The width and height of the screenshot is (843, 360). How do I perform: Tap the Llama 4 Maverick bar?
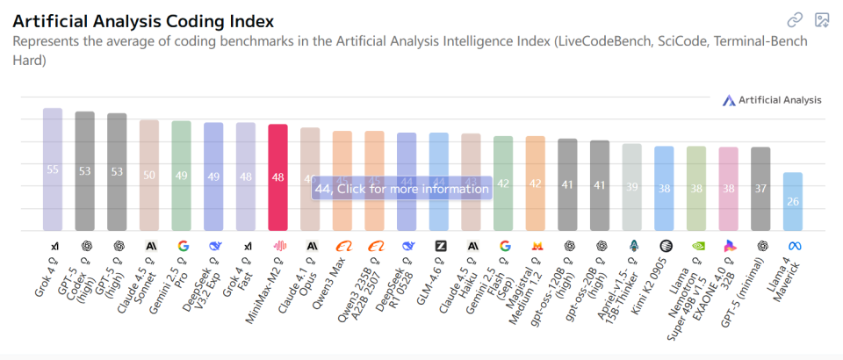point(792,202)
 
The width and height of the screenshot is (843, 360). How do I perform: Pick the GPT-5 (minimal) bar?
point(760,189)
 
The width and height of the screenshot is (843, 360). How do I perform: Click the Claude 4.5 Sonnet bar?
point(149,175)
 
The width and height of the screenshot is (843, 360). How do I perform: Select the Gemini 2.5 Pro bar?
point(181,176)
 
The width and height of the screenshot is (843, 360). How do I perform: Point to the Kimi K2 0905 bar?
point(664,188)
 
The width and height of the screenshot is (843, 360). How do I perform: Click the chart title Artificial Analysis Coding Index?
point(143,20)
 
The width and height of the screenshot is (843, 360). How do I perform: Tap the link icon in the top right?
point(794,19)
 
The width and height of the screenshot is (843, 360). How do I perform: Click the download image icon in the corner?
point(822,19)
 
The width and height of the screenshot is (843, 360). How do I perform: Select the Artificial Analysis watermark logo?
point(772,100)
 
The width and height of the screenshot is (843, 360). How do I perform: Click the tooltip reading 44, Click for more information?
point(400,188)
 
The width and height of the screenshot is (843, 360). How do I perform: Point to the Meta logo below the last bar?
point(793,246)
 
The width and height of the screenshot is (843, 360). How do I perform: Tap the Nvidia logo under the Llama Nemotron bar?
point(696,246)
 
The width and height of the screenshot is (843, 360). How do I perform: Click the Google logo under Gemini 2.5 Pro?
point(182,246)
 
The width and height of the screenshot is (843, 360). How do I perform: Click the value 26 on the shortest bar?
point(792,202)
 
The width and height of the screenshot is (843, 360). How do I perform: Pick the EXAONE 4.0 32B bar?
point(728,189)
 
